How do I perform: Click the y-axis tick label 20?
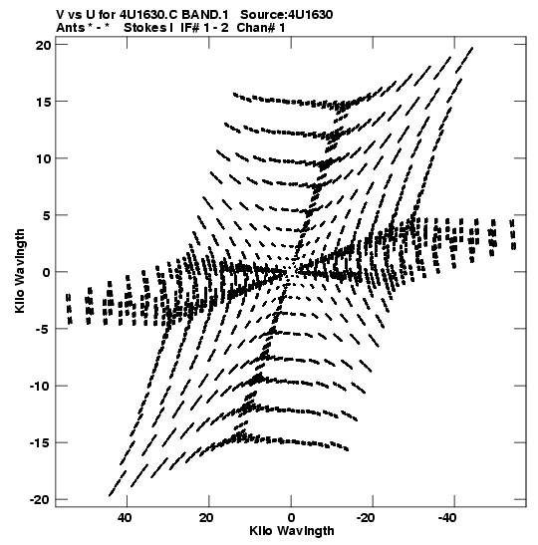point(43,45)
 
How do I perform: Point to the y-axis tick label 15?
point(43,102)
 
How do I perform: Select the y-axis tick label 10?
point(43,158)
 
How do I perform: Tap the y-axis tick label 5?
point(47,215)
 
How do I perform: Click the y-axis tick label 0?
point(47,272)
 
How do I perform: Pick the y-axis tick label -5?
point(44,329)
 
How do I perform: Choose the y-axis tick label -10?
point(40,386)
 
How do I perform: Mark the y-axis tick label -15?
point(40,442)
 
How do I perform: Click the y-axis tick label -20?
point(40,500)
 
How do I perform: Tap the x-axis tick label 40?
point(125,518)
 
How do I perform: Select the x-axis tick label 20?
point(206,518)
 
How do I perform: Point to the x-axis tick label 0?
point(291,518)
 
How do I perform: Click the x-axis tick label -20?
point(366,518)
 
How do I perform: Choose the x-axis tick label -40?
point(447,518)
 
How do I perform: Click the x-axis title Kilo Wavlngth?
point(292,531)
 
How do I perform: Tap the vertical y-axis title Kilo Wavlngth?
point(20,271)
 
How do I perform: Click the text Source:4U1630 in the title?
point(287,15)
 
